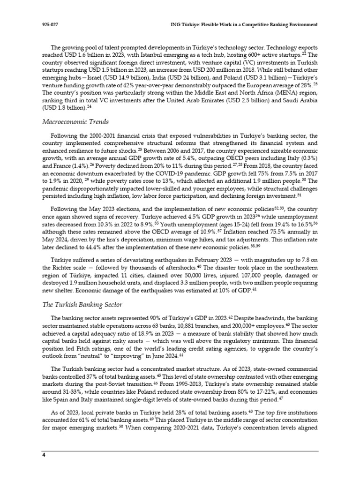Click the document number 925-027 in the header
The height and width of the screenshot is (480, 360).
(49, 24)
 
